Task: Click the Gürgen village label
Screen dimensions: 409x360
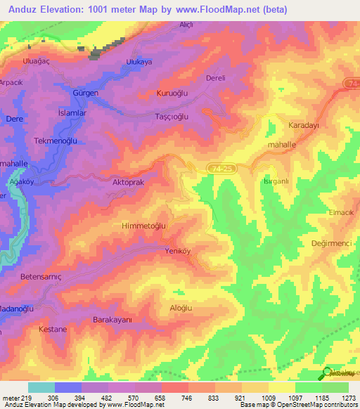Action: point(85,93)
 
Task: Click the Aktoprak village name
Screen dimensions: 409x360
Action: point(129,181)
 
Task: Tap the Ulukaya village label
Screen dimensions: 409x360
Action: point(139,62)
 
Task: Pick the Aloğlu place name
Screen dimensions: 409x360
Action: point(181,309)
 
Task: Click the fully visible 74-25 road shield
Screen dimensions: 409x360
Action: point(220,166)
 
